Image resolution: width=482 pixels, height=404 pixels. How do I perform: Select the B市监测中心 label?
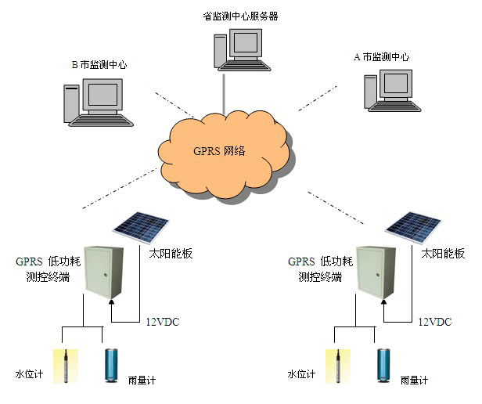99,65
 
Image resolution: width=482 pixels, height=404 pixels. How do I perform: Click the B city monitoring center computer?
98,102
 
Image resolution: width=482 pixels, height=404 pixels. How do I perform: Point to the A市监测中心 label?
382,57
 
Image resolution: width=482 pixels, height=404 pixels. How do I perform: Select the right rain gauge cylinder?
384,366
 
